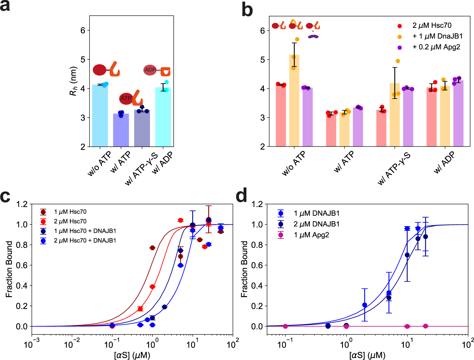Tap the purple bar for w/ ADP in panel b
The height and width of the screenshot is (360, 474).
click(x=458, y=114)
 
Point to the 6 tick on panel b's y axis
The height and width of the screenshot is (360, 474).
click(x=263, y=31)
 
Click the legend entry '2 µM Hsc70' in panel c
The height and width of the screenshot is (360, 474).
click(x=70, y=221)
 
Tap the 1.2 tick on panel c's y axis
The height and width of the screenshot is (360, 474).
click(x=22, y=204)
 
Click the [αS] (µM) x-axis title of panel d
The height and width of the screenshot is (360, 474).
click(x=367, y=355)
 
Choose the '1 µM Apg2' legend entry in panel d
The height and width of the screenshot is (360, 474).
click(x=311, y=235)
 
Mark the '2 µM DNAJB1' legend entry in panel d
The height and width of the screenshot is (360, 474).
click(x=316, y=224)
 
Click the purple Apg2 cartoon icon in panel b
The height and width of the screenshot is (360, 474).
click(x=313, y=37)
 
